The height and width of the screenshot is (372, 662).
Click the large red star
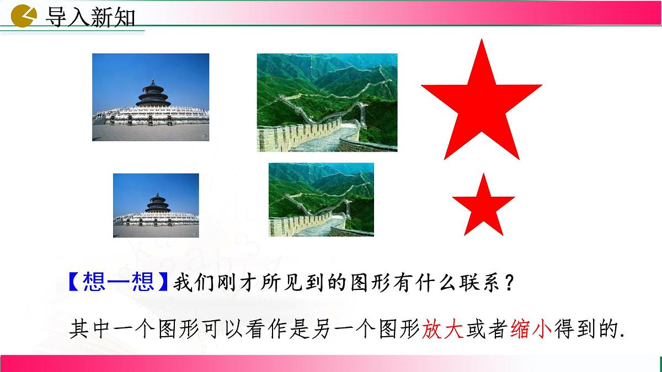pyautogui.click(x=482, y=105)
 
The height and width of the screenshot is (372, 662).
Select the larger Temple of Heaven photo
pyautogui.click(x=151, y=97)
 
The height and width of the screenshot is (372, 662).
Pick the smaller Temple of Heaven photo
pyautogui.click(x=156, y=206)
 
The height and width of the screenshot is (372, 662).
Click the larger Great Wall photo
pyautogui.click(x=327, y=103)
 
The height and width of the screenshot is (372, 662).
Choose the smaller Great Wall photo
pyautogui.click(x=321, y=200)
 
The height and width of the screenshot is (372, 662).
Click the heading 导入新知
pyautogui.click(x=89, y=17)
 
